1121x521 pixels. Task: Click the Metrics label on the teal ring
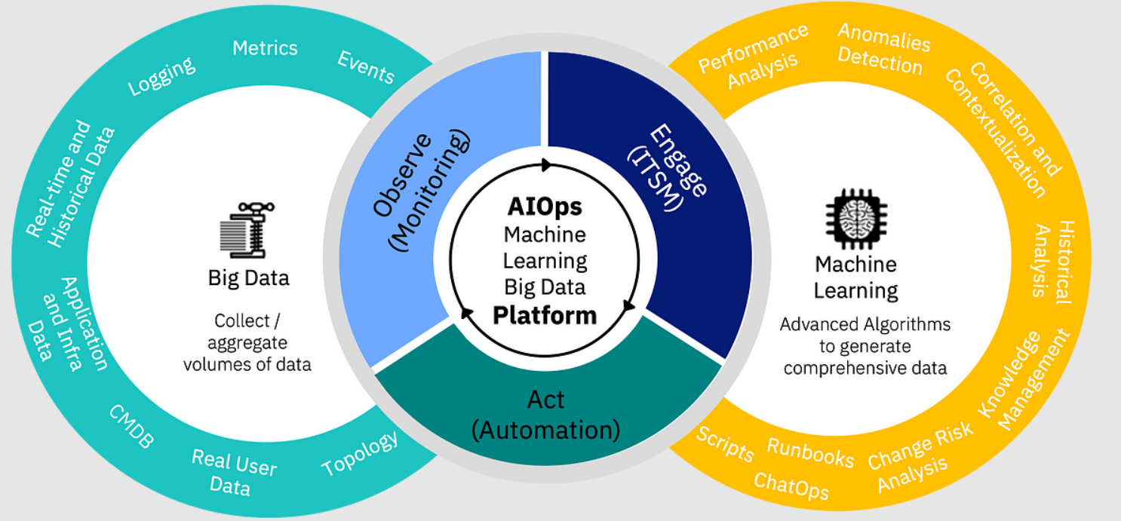[x=265, y=48]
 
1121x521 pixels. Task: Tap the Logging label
[x=161, y=76]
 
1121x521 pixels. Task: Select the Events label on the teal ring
[x=366, y=67]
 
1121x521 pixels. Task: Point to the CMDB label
[x=131, y=427]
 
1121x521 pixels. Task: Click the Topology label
[x=360, y=454]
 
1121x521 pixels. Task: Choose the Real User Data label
[x=233, y=472]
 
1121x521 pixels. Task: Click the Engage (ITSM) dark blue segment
[x=679, y=173]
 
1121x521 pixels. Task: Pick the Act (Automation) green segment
[x=545, y=415]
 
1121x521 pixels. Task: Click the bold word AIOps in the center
[x=545, y=207]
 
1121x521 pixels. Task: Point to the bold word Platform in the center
[x=545, y=315]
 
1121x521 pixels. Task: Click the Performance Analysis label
[x=753, y=58]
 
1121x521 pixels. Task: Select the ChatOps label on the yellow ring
[x=791, y=487]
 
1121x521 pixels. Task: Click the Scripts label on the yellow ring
[x=725, y=443]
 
